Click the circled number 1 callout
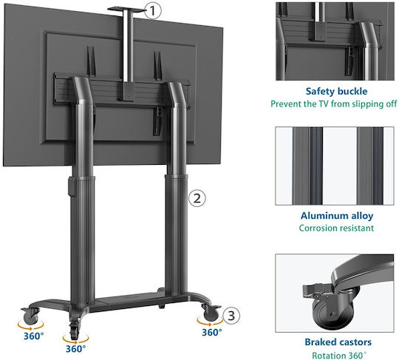pos(152,11)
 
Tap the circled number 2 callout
pos(197,198)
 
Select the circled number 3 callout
pos(231,316)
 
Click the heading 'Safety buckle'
pos(336,92)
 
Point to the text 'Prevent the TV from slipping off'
pos(333,104)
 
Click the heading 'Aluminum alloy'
pos(337,216)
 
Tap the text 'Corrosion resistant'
pos(336,228)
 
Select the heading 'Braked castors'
pos(338,342)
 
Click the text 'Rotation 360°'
pos(339,355)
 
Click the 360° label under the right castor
pos(212,332)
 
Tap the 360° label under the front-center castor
pos(75,348)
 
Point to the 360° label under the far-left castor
pos(33,336)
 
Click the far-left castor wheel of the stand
pos(30,318)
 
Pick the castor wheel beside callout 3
pos(211,314)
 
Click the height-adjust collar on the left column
pos(72,186)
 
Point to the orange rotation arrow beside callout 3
pos(210,322)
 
